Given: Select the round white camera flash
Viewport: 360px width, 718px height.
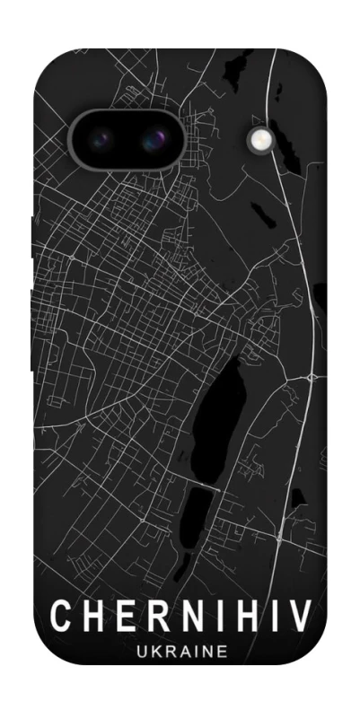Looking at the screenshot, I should point(261,138).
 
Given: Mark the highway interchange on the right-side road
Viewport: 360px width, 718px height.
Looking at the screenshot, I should point(311,377).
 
